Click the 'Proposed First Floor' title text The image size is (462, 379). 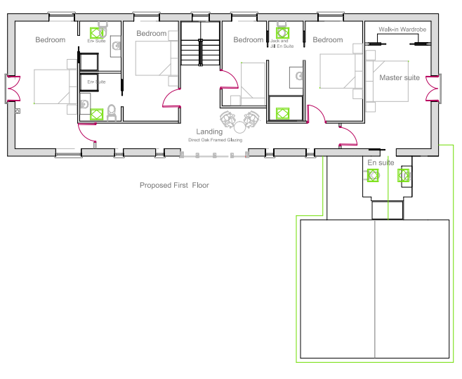(x=174, y=186)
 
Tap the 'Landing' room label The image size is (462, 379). (x=209, y=131)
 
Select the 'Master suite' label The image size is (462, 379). (x=400, y=77)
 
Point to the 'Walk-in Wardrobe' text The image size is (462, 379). (x=402, y=30)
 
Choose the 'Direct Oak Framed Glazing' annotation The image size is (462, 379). (x=216, y=140)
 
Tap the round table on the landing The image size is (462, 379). (x=239, y=127)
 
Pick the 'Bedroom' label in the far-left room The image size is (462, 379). (x=51, y=40)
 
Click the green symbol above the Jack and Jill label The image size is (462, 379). (x=283, y=32)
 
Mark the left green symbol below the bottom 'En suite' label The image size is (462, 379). (x=374, y=176)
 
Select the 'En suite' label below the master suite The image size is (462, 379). (x=381, y=162)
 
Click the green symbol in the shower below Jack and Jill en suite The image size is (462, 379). (x=283, y=113)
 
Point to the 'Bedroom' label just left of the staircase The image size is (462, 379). (x=152, y=34)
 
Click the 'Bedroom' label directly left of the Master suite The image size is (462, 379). (x=328, y=40)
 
